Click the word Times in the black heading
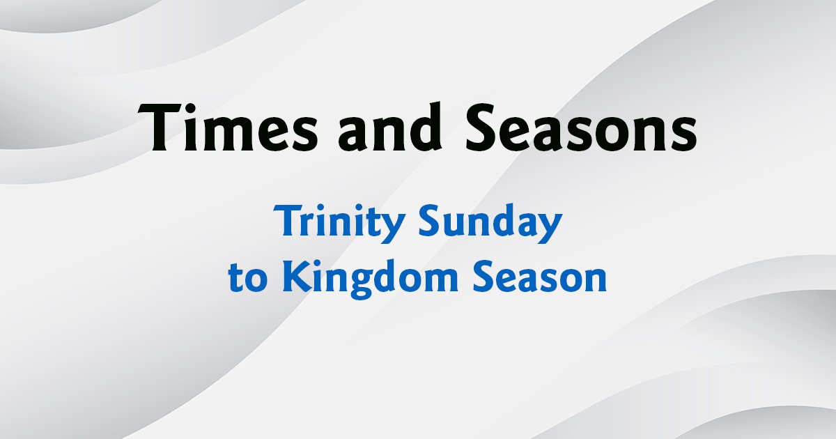click(x=228, y=127)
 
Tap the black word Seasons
click(x=581, y=127)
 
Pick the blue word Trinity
click(x=339, y=223)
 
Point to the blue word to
click(x=248, y=278)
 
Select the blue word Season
click(x=540, y=277)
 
